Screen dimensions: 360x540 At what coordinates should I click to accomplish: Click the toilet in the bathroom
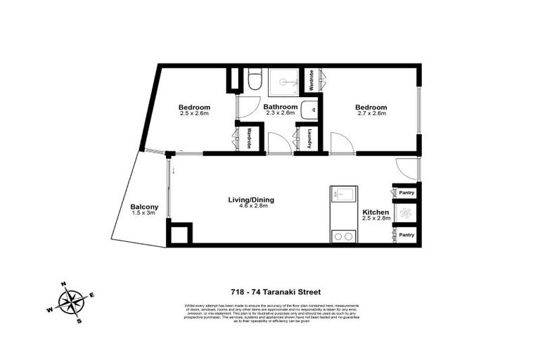point(255,81)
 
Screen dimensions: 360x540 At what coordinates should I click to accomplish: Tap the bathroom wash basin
point(310,110)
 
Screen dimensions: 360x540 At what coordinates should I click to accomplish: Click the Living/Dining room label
point(251,200)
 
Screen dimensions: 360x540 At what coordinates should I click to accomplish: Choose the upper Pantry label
point(407,193)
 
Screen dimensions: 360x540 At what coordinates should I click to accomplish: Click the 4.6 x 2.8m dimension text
point(251,207)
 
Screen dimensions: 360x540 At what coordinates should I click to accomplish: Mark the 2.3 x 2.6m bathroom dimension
point(281,114)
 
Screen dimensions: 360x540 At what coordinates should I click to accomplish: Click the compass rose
point(70,302)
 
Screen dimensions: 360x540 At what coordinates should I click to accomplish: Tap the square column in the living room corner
point(180,233)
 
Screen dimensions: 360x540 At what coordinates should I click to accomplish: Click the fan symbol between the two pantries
point(406,213)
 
